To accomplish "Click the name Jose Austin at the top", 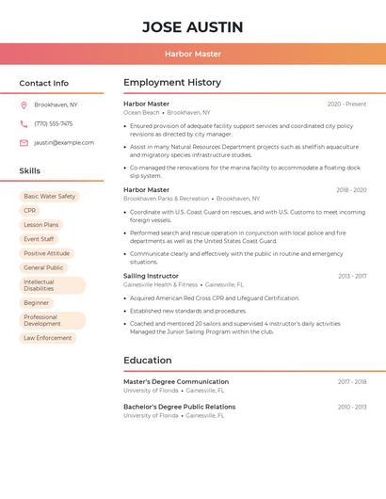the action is (192, 27).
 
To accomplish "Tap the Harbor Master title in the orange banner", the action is (192, 54).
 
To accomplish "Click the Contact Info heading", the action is (43, 83).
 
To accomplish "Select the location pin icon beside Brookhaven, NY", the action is (24, 105).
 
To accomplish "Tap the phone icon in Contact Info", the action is (24, 123).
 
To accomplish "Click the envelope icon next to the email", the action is (24, 142).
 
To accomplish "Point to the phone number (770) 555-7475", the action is (53, 123).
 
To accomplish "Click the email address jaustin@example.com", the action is (64, 142).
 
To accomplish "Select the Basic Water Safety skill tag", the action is (49, 197).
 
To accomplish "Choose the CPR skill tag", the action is (30, 211).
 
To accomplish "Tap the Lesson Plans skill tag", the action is (40, 225).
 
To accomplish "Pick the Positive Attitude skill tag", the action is (46, 253).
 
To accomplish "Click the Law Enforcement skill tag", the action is (47, 338).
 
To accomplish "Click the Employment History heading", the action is (172, 82).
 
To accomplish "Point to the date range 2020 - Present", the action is (346, 104).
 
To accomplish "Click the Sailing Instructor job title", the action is (150, 276).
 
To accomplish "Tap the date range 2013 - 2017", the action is (352, 276).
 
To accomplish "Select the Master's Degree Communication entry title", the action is (176, 381).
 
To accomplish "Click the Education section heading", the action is (148, 360).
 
